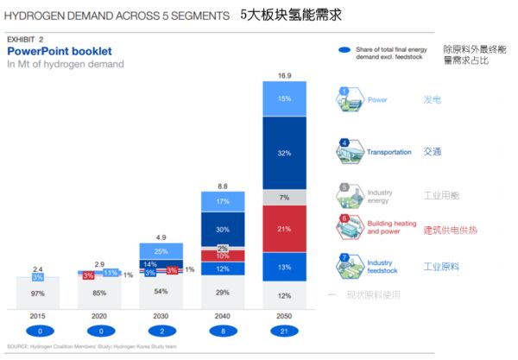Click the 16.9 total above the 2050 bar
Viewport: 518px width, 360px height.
coord(284,74)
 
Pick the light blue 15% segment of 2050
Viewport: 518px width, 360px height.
coord(284,99)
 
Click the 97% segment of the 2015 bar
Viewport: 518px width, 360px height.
coord(38,294)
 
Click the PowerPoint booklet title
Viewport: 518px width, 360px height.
coord(60,52)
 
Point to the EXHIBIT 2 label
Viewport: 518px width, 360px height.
coord(25,40)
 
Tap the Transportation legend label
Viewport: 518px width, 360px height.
coord(389,152)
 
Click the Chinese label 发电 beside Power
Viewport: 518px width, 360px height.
coord(433,100)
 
